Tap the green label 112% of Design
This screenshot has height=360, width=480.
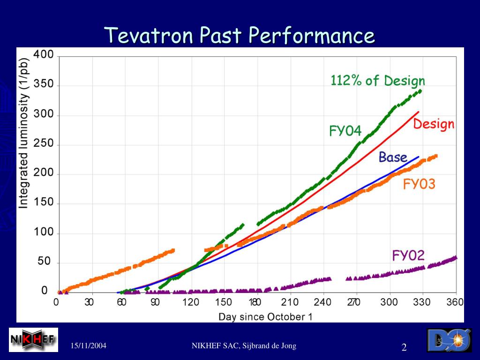click(x=378, y=81)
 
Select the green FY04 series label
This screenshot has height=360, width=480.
click(x=345, y=131)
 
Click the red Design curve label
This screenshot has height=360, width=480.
click(x=434, y=124)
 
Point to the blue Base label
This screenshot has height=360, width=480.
click(x=393, y=157)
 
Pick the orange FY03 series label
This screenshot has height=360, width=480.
click(x=419, y=184)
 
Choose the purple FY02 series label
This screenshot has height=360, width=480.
click(x=408, y=255)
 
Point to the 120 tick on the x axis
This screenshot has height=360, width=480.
click(x=190, y=302)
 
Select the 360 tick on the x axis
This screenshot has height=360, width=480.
click(x=455, y=302)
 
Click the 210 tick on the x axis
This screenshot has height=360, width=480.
click(x=290, y=302)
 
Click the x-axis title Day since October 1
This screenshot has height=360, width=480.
click(x=265, y=316)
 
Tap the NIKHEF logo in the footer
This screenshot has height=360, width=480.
click(x=33, y=339)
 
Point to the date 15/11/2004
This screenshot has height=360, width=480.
click(x=89, y=346)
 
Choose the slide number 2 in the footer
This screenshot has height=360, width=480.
click(x=404, y=347)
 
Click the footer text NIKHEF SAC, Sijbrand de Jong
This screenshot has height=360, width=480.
click(x=244, y=346)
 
